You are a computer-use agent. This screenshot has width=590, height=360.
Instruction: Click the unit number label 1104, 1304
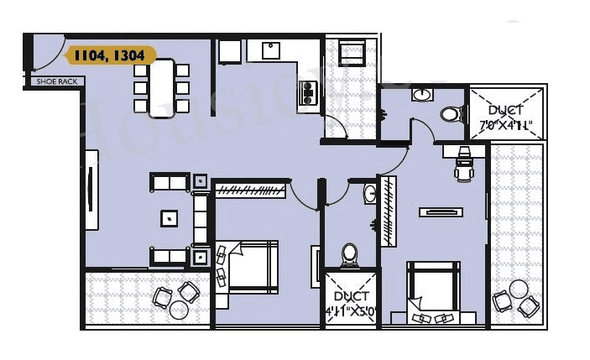109,56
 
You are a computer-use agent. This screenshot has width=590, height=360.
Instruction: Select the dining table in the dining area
162,87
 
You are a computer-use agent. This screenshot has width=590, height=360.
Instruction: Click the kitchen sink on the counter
271,51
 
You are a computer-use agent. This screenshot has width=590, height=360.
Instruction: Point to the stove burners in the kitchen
308,91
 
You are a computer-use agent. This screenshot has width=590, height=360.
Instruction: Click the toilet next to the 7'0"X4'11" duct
452,113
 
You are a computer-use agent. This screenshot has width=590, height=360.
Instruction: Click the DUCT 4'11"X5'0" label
351,301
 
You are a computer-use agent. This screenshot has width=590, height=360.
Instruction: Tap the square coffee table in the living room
170,217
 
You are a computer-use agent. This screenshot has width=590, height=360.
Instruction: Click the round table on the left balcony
179,310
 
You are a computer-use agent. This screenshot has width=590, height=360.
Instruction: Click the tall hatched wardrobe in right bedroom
389,211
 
